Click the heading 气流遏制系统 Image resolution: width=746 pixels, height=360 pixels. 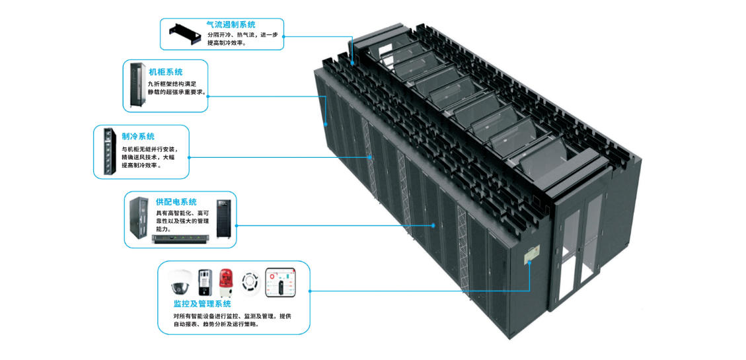point(231,24)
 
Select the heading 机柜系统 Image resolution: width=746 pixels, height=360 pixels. point(165,71)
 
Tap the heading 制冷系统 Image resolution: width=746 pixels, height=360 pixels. point(137,136)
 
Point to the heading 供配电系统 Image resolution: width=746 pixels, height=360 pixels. point(176,201)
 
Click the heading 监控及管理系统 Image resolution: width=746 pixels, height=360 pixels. point(202,304)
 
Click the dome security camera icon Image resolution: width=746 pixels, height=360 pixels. point(181,283)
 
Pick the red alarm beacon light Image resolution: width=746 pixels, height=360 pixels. point(226,281)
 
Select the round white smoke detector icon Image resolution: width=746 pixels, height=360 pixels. point(250,282)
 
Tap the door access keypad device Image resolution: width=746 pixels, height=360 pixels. point(205,283)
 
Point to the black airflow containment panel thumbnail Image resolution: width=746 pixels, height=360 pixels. point(186,34)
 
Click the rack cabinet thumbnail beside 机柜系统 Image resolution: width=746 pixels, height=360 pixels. point(138,85)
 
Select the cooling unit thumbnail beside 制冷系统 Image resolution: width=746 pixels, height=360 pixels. point(106,151)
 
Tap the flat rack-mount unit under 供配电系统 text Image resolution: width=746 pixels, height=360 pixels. point(183,239)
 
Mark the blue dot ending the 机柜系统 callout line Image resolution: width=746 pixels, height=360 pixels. point(326,124)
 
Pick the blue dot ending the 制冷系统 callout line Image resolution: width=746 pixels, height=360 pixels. point(371,157)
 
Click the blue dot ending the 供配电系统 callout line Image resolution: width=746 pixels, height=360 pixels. point(433,225)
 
